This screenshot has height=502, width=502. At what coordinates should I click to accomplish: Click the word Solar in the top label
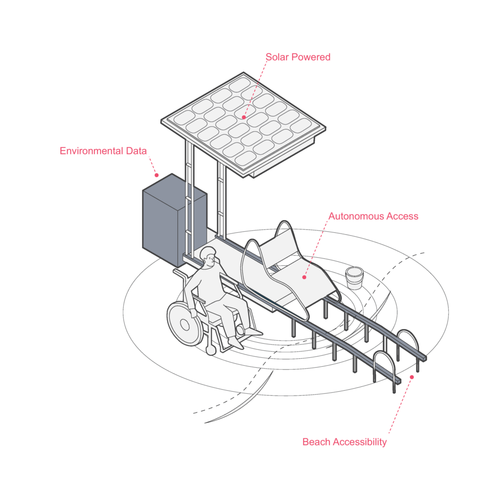pyautogui.click(x=277, y=57)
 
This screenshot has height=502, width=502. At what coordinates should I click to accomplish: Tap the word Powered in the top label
pyautogui.click(x=311, y=57)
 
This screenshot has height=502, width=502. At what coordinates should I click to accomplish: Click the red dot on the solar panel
pyautogui.click(x=244, y=117)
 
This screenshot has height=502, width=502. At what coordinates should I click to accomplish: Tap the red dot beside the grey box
pyautogui.click(x=156, y=175)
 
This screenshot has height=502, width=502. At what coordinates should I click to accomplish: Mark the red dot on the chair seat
pyautogui.click(x=304, y=277)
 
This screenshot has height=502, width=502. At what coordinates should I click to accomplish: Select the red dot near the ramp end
pyautogui.click(x=412, y=377)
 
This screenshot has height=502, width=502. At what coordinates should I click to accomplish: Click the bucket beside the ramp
pyautogui.click(x=354, y=278)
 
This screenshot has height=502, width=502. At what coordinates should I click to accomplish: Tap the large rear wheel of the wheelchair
pyautogui.click(x=185, y=324)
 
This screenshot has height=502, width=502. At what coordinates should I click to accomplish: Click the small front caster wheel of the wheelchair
pyautogui.click(x=211, y=350)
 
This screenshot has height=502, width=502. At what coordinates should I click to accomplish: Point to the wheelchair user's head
pyautogui.click(x=208, y=256)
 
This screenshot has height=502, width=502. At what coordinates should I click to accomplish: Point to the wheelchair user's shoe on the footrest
pyautogui.click(x=236, y=343)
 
